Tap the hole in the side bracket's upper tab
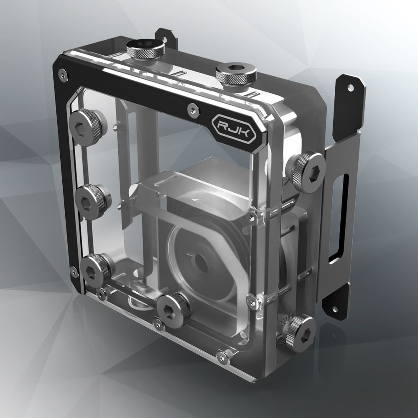point(351,88)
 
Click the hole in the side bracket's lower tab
point(334,309)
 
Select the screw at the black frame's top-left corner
point(63,75)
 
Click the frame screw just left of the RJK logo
point(192,109)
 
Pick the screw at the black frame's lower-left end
point(74,273)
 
